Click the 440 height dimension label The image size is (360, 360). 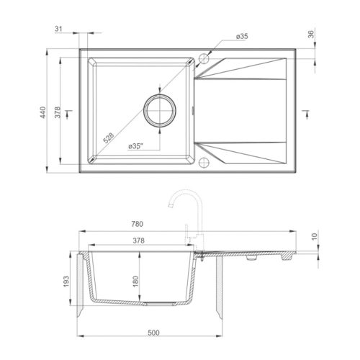coord(42,112)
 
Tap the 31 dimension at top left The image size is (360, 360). coord(58,29)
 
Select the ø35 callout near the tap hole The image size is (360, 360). coord(242,37)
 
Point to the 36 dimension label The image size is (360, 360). coord(311,34)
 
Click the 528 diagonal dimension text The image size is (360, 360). coord(109,138)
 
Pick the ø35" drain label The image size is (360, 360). coord(135,146)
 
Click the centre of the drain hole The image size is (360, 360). coord(160,110)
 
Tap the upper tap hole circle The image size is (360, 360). coord(204,58)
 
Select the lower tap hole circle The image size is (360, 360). coord(204,162)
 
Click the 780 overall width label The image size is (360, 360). coord(138,224)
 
